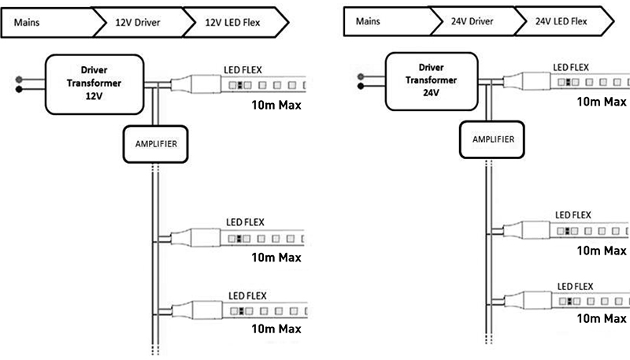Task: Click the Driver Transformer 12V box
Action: tap(96, 82)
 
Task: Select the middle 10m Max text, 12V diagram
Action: tap(276, 257)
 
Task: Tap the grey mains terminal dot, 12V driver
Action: tap(17, 77)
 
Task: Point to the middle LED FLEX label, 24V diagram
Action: tap(573, 214)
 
